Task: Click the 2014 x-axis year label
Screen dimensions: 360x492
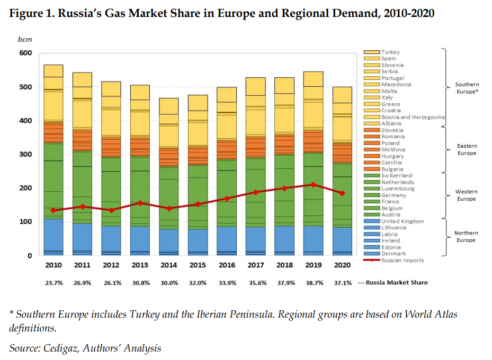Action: (x=168, y=265)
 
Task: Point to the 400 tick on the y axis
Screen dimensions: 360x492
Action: (x=25, y=121)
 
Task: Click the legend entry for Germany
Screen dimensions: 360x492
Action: (x=393, y=195)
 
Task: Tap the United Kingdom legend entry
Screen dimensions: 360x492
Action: (x=402, y=221)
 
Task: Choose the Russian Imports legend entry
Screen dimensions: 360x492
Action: (x=402, y=260)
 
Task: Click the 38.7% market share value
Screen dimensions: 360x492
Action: (x=313, y=283)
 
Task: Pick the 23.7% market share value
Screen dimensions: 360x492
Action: (x=53, y=283)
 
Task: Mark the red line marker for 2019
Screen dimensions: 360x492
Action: (x=313, y=185)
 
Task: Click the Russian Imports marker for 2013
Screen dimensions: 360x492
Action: (x=140, y=203)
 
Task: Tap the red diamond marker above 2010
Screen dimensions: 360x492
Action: (x=53, y=210)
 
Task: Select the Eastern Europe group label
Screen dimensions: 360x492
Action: (x=467, y=149)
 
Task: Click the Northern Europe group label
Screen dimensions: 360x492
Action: (x=466, y=237)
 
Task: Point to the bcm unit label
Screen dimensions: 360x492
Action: (x=24, y=39)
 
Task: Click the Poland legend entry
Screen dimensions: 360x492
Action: (x=390, y=143)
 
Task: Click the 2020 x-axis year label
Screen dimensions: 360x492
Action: (x=342, y=265)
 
